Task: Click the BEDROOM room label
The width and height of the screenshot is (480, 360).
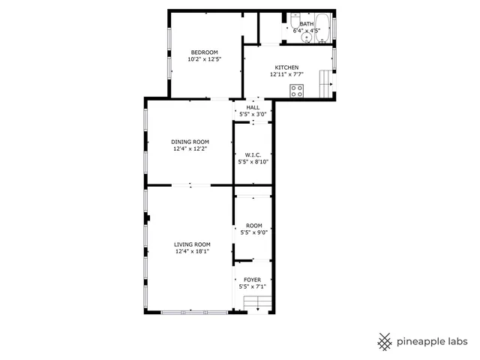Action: point(204,52)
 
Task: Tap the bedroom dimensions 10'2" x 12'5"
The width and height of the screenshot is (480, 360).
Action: point(204,58)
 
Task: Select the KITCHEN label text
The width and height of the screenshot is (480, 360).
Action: point(286,67)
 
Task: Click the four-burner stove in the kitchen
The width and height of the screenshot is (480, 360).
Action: point(297,91)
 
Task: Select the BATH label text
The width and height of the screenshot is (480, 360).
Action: point(307,24)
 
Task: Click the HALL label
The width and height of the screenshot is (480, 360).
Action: point(253,107)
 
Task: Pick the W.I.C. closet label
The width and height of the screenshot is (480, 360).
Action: point(253,155)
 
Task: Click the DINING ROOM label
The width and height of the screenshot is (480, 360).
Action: point(190,142)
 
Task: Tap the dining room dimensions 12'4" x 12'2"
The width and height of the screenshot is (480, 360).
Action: point(190,148)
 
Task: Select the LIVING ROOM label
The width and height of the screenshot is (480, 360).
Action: point(192,244)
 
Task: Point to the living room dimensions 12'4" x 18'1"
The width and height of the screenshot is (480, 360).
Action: point(192,251)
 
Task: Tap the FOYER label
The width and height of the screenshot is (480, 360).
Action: point(253,280)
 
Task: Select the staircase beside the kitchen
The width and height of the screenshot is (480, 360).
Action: point(324,81)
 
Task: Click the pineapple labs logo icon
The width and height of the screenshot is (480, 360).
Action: point(385,341)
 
